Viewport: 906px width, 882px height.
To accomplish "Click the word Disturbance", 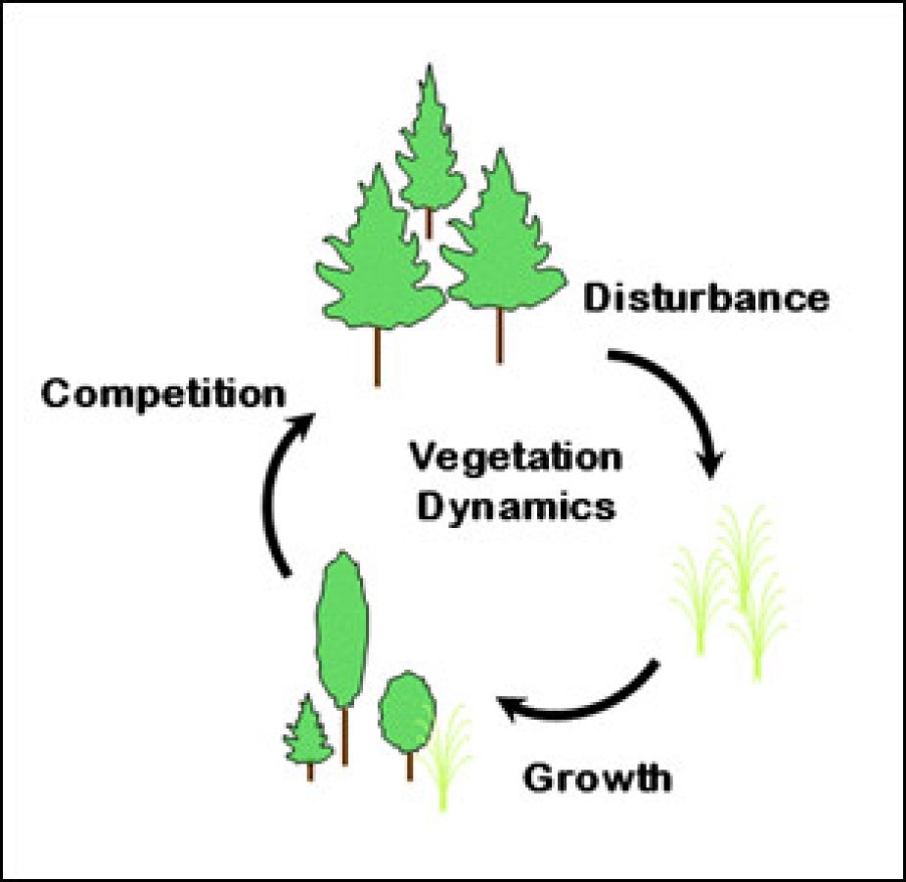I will click(x=705, y=297).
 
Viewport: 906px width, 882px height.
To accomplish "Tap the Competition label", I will click(x=163, y=394).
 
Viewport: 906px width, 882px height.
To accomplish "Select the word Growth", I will click(x=597, y=779).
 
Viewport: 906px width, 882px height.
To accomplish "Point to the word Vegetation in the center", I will click(x=515, y=457).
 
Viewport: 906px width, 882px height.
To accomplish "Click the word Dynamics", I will click(x=516, y=507).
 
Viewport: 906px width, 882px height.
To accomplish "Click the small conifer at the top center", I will click(x=429, y=147).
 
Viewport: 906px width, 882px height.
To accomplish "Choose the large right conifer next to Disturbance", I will click(x=502, y=240).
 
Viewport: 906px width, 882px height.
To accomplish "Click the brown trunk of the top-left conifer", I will click(x=378, y=357).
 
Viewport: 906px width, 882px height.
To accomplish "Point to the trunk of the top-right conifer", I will click(x=500, y=335).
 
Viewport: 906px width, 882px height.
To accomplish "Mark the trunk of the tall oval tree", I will click(x=344, y=735).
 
